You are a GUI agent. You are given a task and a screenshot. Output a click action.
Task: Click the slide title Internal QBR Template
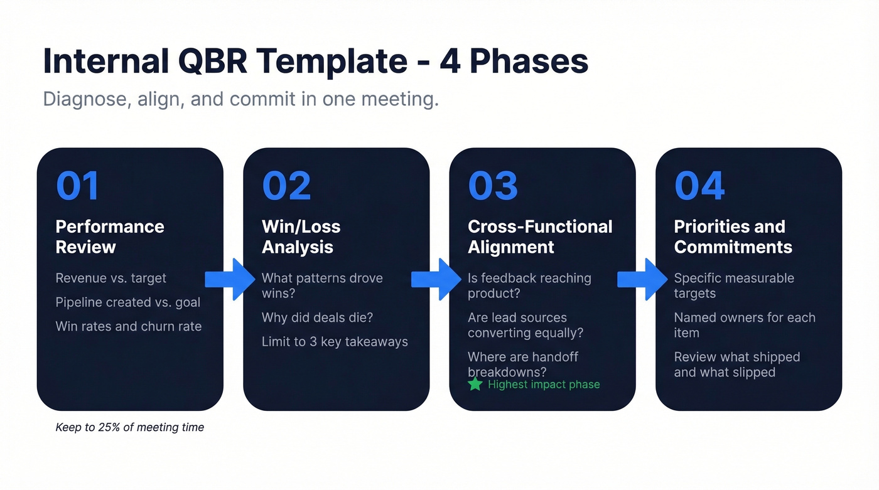(315, 61)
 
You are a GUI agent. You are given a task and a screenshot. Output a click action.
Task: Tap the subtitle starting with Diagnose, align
(240, 99)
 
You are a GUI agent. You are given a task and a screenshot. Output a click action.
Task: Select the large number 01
(78, 186)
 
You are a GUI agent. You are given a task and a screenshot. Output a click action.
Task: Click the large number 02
(286, 186)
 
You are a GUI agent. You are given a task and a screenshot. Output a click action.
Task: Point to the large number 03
(493, 186)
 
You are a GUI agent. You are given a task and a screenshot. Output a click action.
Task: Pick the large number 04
(699, 186)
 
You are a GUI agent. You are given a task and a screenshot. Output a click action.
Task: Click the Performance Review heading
(110, 237)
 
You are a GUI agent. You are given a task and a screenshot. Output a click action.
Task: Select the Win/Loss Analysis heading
(301, 237)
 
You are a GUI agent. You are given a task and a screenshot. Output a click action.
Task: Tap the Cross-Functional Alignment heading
(540, 237)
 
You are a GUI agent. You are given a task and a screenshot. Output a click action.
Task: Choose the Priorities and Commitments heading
(733, 237)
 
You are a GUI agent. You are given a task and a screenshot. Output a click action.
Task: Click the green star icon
(475, 384)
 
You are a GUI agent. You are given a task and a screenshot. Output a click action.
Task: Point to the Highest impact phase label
(544, 385)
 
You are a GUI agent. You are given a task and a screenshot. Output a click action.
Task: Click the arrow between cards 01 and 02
(230, 279)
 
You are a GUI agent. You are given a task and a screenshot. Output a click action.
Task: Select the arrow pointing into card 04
(642, 279)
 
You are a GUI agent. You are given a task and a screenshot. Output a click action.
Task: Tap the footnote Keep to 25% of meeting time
(130, 427)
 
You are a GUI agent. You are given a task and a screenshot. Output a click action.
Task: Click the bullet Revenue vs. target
(111, 278)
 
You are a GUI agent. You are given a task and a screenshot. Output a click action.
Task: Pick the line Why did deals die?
(317, 317)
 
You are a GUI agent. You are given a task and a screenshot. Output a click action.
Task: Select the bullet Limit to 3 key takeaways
(335, 341)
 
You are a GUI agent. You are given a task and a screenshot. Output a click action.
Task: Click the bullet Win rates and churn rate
(129, 326)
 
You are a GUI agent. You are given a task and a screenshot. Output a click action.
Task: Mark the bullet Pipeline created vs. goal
(128, 302)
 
